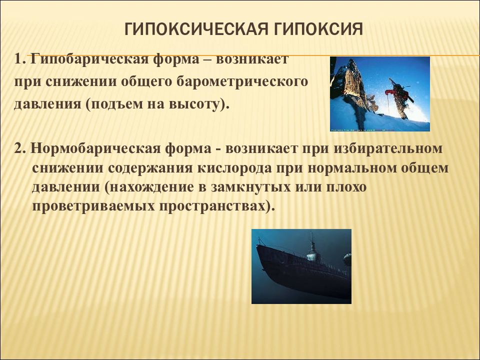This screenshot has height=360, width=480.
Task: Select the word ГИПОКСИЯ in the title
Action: (x=318, y=29)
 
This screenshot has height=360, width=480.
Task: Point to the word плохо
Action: (x=346, y=187)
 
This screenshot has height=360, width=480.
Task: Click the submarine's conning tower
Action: (x=311, y=248)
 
